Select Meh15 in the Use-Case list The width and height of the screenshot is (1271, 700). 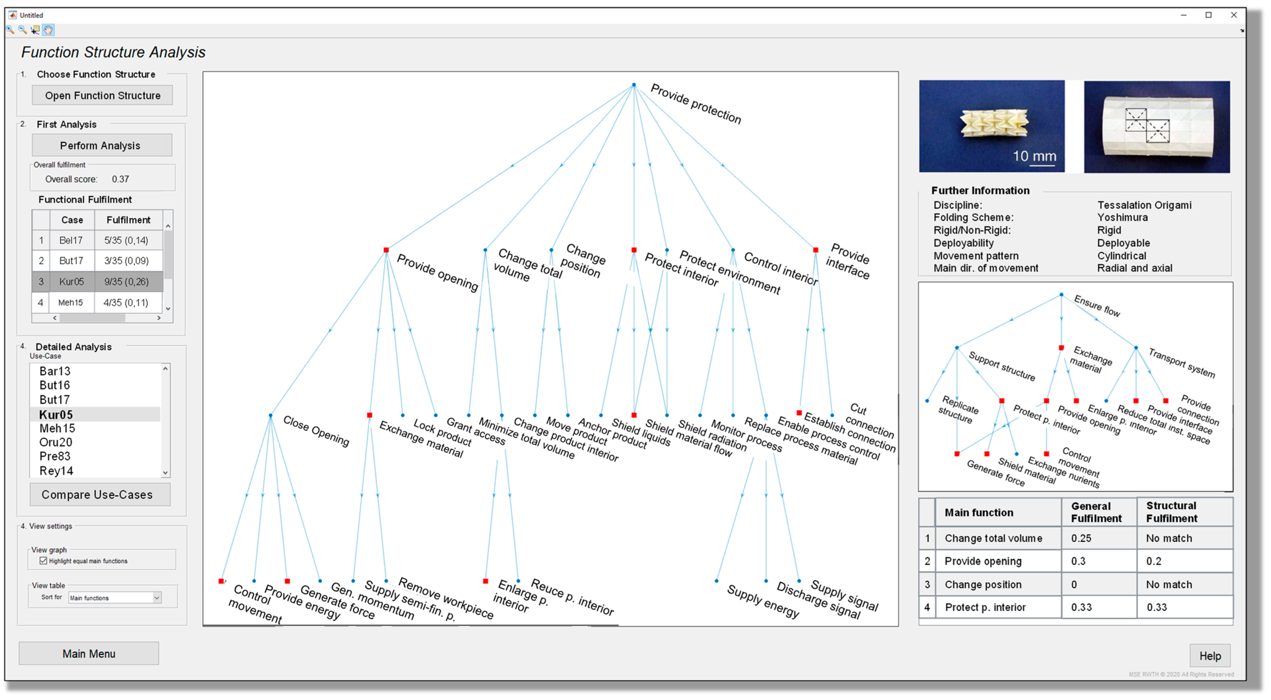click(x=57, y=429)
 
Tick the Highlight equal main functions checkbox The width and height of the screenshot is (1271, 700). click(x=43, y=561)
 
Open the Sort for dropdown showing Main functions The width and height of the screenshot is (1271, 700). click(x=157, y=598)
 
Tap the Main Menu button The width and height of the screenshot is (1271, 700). click(x=89, y=654)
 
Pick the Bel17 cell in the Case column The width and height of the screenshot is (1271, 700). click(x=71, y=241)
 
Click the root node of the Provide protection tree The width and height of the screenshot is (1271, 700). click(x=634, y=85)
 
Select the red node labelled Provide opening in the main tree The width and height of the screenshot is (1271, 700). click(x=386, y=250)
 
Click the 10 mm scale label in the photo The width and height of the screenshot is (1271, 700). click(x=1034, y=156)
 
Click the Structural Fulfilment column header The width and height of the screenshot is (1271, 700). click(x=1171, y=512)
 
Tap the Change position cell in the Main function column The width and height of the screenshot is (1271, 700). click(x=983, y=584)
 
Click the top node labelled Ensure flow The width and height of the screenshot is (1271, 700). click(x=1061, y=295)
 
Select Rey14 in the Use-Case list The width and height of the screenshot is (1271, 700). click(x=56, y=471)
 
